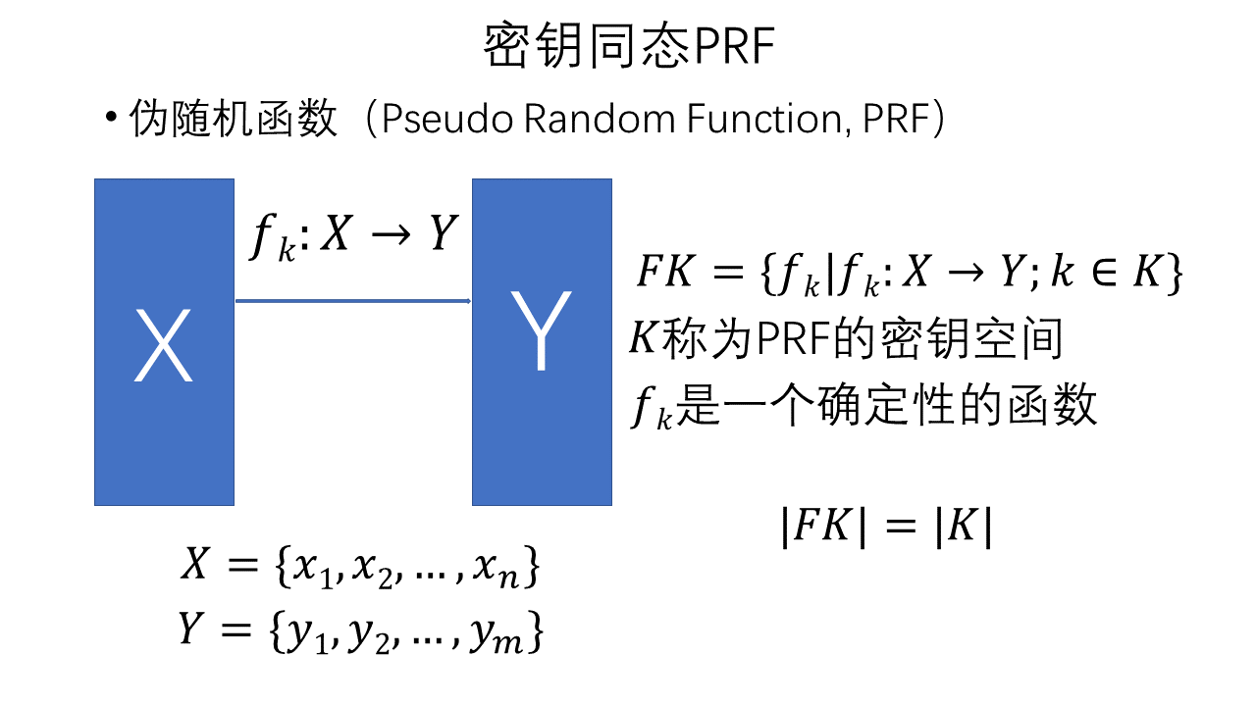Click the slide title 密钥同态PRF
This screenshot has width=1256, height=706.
629,47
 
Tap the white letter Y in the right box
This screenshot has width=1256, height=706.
541,333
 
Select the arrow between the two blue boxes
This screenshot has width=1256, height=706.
353,301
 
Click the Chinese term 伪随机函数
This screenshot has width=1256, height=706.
234,121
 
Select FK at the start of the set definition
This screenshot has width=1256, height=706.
666,273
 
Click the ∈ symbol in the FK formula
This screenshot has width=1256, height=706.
1103,274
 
